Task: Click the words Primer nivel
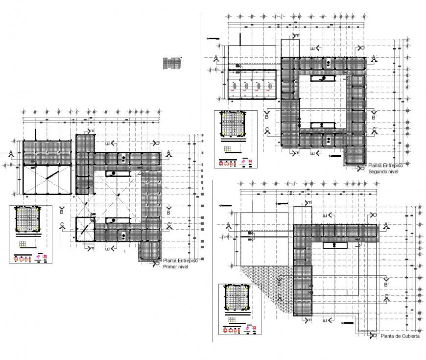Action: (x=175, y=267)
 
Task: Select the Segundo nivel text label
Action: (x=384, y=171)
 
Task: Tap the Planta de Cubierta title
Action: (x=400, y=336)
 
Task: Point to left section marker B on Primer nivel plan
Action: (x=62, y=212)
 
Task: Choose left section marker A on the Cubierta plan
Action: (x=228, y=225)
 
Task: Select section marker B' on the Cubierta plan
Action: (x=386, y=284)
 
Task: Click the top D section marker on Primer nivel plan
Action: (x=156, y=143)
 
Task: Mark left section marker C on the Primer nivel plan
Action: (x=62, y=226)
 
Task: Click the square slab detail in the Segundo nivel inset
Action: (x=233, y=124)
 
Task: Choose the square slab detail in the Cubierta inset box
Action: (x=237, y=298)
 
